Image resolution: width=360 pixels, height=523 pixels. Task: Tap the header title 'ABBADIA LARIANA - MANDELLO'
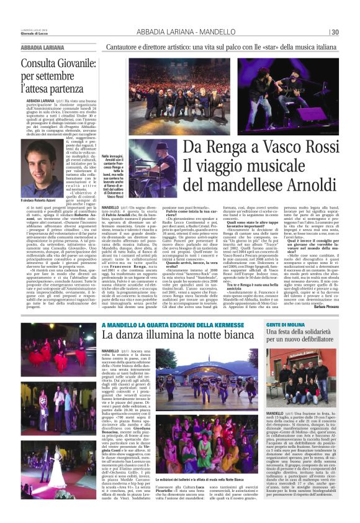coord(178,32)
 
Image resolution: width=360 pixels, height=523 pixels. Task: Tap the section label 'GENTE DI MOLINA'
coord(284,325)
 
